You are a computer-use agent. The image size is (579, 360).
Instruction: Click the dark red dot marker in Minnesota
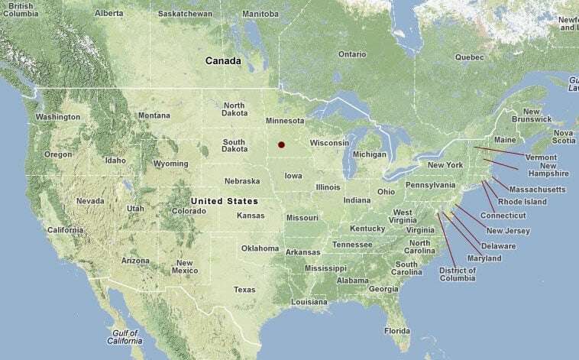click(281, 144)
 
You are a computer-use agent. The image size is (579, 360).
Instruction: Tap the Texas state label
click(244, 290)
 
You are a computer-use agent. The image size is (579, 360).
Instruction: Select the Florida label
click(397, 331)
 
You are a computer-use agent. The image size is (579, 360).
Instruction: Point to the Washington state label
click(57, 117)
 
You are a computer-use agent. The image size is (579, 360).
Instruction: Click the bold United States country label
click(224, 201)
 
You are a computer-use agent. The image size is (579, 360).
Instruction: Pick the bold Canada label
click(223, 60)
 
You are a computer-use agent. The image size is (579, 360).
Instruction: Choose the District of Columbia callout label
click(458, 274)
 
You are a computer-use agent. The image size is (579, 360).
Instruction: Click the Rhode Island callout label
click(522, 202)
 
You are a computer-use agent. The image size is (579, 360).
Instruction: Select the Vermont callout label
click(541, 157)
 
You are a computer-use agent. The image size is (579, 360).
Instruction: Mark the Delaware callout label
click(498, 246)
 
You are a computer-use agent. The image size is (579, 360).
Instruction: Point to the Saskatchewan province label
click(186, 15)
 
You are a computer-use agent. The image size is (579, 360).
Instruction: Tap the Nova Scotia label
click(564, 136)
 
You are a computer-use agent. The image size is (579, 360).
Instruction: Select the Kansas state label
click(251, 216)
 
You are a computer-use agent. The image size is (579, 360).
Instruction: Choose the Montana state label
click(154, 115)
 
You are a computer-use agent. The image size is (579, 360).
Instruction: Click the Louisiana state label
click(309, 302)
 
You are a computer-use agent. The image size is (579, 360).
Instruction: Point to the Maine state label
click(505, 140)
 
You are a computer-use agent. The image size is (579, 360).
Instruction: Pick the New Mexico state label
click(184, 267)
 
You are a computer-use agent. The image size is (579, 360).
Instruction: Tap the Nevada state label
click(90, 201)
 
